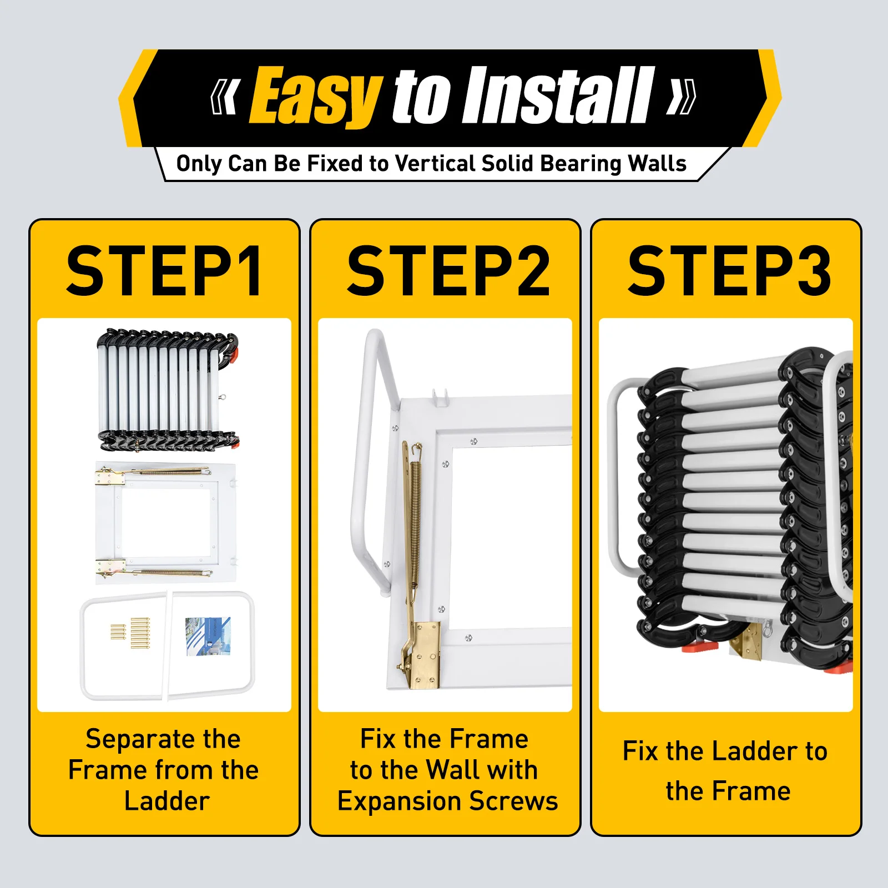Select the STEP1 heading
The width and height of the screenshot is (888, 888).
click(164, 272)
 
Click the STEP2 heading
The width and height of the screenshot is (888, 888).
click(447, 272)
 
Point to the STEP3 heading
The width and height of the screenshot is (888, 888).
click(729, 272)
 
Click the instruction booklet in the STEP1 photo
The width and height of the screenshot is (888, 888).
click(208, 636)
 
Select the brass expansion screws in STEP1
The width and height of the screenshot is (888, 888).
click(133, 633)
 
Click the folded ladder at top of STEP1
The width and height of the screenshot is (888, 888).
click(167, 389)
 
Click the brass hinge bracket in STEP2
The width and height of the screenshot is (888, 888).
click(425, 655)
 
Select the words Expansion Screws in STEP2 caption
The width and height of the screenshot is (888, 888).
click(447, 801)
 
